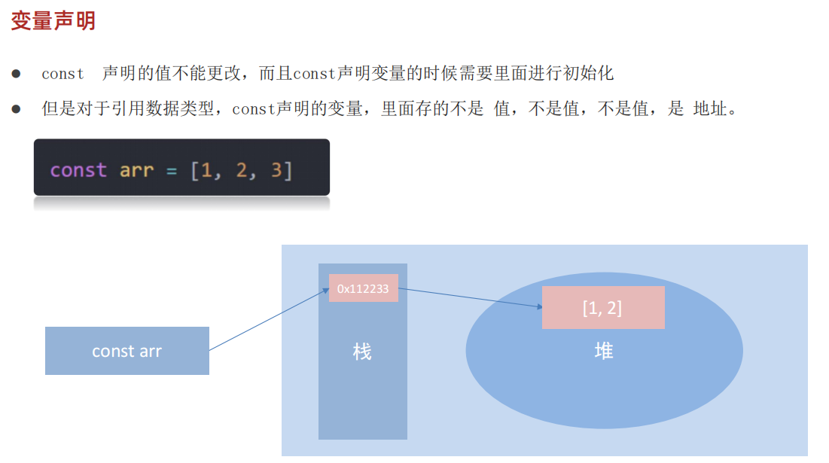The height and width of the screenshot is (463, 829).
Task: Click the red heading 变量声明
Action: (53, 21)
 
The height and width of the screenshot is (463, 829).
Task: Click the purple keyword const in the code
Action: (78, 170)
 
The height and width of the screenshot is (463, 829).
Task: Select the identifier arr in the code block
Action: (136, 170)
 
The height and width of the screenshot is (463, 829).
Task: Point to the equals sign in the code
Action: (172, 170)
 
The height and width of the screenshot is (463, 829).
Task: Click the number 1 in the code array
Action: (206, 170)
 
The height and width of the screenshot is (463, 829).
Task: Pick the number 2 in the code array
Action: (241, 170)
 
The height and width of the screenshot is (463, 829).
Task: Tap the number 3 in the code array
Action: (276, 170)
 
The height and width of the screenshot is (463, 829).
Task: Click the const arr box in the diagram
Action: (126, 351)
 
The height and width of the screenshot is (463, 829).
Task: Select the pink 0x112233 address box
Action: (363, 288)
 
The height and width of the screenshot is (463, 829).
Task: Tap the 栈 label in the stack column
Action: (362, 352)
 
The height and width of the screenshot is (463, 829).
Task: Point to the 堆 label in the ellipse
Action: (603, 351)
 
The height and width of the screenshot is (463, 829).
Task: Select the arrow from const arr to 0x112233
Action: (268, 320)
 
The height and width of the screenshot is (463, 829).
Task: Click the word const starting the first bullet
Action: (62, 74)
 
